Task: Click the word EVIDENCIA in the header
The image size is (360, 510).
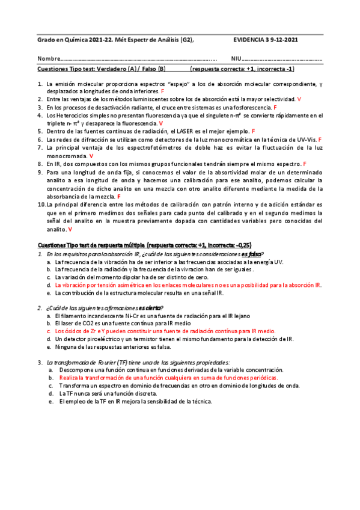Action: [248, 40]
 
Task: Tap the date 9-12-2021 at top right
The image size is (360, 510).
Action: [283, 40]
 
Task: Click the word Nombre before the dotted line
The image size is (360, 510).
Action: [49, 60]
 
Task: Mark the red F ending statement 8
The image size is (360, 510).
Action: [305, 164]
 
